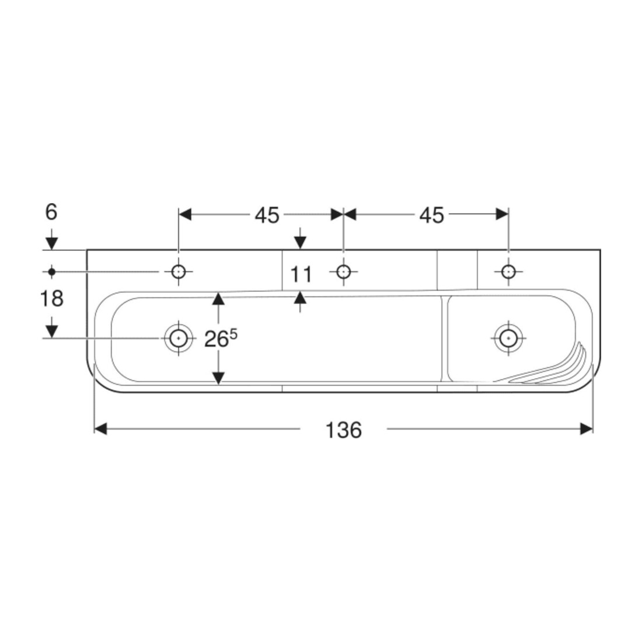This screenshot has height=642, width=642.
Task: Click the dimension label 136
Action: pyautogui.click(x=343, y=430)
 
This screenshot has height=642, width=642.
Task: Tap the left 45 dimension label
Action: pyautogui.click(x=267, y=215)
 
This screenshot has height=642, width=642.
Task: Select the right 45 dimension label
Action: pyautogui.click(x=431, y=215)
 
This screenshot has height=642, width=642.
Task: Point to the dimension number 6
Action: pyautogui.click(x=51, y=212)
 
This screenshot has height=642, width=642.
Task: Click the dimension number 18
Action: pyautogui.click(x=51, y=298)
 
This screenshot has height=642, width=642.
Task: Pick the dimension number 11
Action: pyautogui.click(x=301, y=274)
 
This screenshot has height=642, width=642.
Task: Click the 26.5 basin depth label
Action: pyautogui.click(x=221, y=338)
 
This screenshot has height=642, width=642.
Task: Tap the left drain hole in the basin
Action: pyautogui.click(x=179, y=338)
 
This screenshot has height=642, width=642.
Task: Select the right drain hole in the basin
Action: pyautogui.click(x=508, y=338)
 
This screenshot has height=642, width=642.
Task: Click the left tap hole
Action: pyautogui.click(x=179, y=271)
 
